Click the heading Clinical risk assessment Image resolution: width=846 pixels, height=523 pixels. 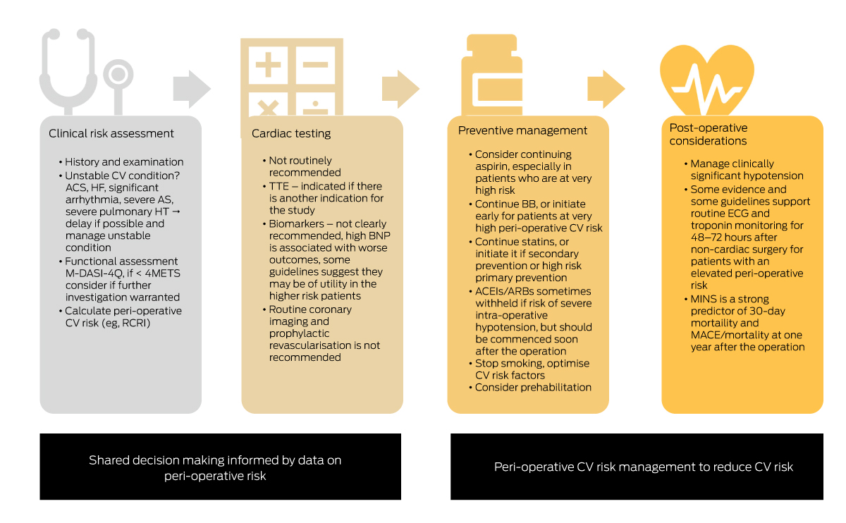click(x=111, y=133)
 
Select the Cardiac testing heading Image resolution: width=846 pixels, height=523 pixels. click(x=291, y=133)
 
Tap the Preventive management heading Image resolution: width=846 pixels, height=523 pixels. click(x=522, y=130)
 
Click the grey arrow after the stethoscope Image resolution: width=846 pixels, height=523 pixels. click(x=191, y=90)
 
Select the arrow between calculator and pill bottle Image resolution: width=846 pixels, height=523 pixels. click(x=400, y=90)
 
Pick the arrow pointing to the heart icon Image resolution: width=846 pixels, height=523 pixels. click(x=606, y=90)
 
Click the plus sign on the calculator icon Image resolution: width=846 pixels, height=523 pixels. click(x=267, y=66)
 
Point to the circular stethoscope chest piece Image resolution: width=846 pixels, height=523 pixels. click(x=116, y=75)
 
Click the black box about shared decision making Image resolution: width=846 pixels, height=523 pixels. click(x=220, y=467)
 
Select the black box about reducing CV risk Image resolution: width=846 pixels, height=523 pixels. click(x=637, y=467)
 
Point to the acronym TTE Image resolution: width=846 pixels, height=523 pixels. click(x=279, y=186)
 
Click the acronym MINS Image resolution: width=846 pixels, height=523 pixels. click(x=704, y=299)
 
